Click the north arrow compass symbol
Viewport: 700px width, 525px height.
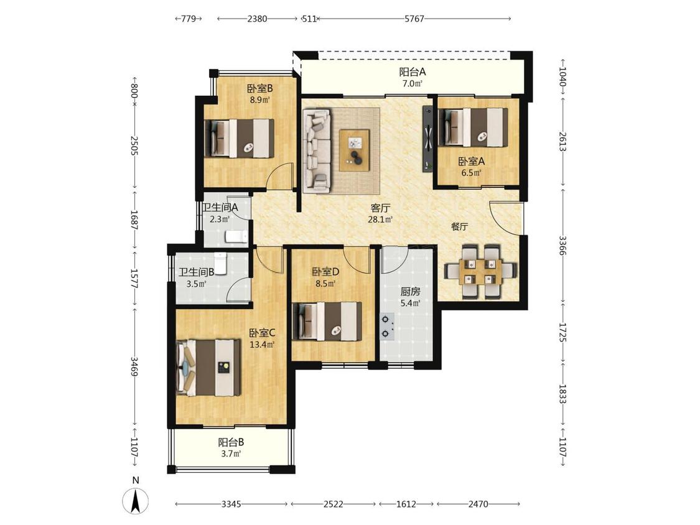[x=136, y=500]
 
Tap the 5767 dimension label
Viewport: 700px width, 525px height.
[x=414, y=19]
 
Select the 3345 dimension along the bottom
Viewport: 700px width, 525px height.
[x=231, y=504]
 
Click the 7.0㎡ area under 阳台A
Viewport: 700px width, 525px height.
[x=413, y=83]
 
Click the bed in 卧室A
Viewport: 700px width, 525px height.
[x=474, y=128]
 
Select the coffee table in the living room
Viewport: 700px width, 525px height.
[x=355, y=150]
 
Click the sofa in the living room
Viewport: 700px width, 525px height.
[x=317, y=151]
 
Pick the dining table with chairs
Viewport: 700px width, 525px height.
[x=480, y=271]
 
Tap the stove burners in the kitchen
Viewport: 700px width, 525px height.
[x=386, y=327]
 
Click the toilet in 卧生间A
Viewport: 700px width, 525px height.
[x=236, y=236]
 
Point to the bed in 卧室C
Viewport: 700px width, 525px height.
[x=208, y=368]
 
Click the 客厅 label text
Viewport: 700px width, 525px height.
[x=381, y=208]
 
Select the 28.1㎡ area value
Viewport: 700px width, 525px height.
[x=380, y=219]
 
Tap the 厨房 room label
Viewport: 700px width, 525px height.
[x=410, y=292]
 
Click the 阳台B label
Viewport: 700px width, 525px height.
[x=231, y=442]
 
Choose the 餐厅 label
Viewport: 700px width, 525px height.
[x=459, y=226]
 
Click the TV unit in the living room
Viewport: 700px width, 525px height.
[x=428, y=138]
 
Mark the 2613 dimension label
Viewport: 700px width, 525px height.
[x=562, y=141]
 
